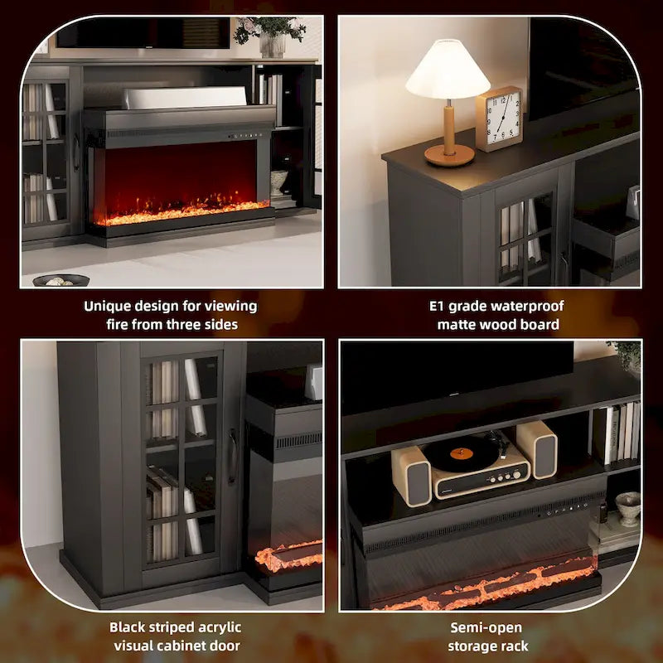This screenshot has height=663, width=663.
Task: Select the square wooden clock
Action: (499, 119)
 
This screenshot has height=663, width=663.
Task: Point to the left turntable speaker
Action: (411, 476)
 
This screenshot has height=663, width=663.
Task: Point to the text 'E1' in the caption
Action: (438, 306)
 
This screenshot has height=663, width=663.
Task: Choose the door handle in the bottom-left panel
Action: (233, 456)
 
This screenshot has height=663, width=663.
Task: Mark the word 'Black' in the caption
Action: (128, 627)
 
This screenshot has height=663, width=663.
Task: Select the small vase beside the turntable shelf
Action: (627, 506)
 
